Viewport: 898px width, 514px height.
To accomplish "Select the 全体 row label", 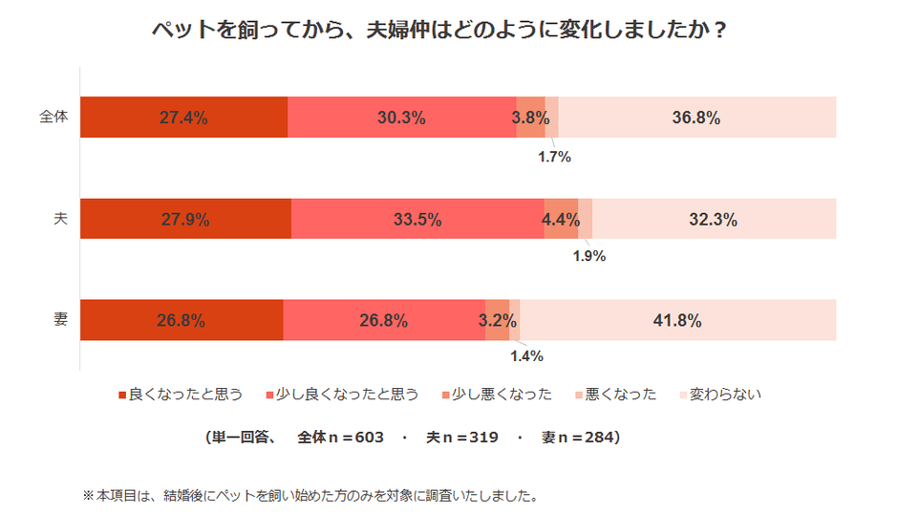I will (53, 117).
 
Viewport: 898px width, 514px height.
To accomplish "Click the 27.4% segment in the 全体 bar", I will (183, 118).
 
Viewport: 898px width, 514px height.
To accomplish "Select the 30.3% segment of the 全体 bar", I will (401, 118).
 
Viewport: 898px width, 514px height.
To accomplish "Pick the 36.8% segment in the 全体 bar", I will (696, 118).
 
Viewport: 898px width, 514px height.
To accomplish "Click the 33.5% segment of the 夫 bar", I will (417, 219).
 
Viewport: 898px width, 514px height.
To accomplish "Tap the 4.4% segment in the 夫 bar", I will (561, 219).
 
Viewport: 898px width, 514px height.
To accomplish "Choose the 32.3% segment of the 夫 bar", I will (713, 219).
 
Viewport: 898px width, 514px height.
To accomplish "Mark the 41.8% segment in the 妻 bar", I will (677, 320).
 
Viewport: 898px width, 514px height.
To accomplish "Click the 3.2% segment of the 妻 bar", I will (497, 320).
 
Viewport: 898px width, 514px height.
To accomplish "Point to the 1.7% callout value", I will (553, 157).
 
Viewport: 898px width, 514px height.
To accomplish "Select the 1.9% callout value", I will (588, 256).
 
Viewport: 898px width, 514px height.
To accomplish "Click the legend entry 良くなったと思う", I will (181, 394).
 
